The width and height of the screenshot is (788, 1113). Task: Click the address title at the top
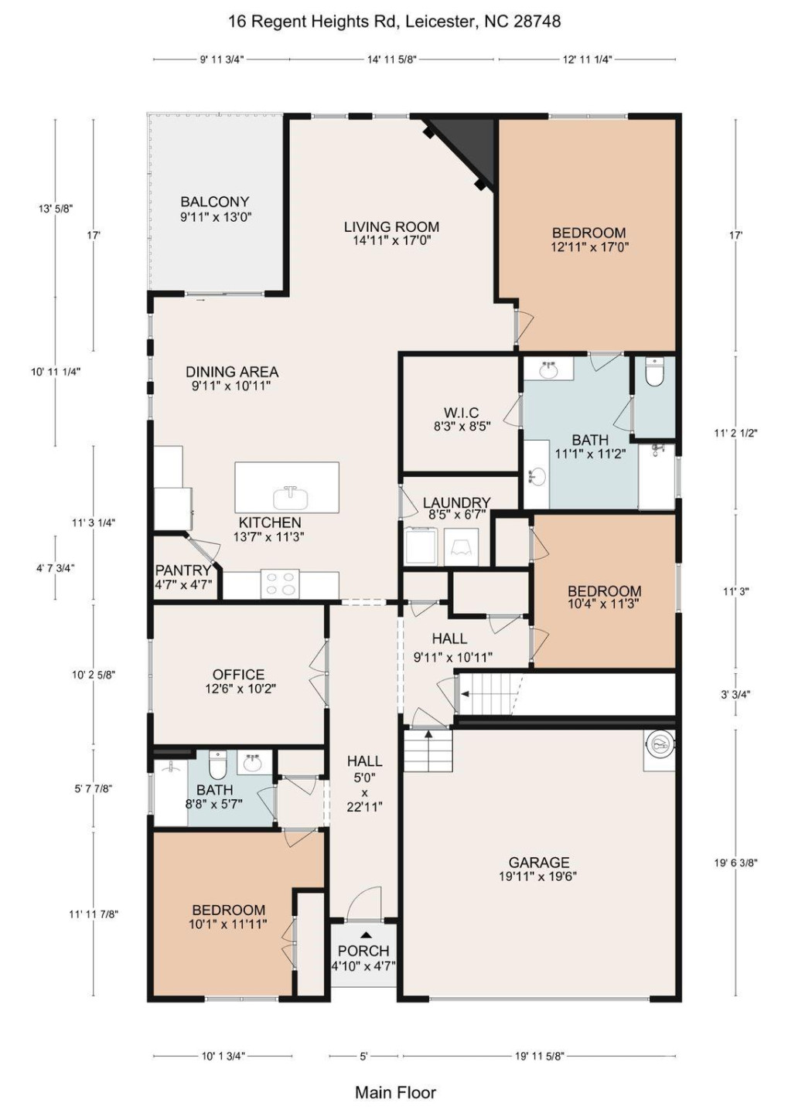pos(394,22)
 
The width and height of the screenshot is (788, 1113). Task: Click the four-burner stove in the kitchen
pos(281,584)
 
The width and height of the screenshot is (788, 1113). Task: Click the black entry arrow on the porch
pos(365,935)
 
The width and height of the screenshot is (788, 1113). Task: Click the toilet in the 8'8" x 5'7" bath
pos(218,766)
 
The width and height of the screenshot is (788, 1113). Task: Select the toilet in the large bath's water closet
pos(654,373)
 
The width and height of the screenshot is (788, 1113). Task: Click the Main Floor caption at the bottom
pos(395,1092)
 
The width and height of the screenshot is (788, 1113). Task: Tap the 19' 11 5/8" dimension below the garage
pos(539,1056)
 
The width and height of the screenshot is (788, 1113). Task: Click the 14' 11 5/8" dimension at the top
pos(391,59)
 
